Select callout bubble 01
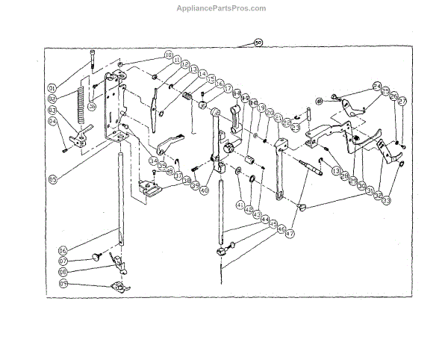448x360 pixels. coord(53,87)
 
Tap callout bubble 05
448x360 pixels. coord(53,179)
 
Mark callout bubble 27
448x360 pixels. coord(402,102)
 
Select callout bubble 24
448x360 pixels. coord(377,87)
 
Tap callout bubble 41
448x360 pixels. coord(240,204)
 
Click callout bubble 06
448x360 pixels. coord(63,251)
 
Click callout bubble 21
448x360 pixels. coord(279,118)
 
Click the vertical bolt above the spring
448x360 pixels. coord(91,59)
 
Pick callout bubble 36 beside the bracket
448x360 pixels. coord(91,106)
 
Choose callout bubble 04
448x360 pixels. coord(53,122)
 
